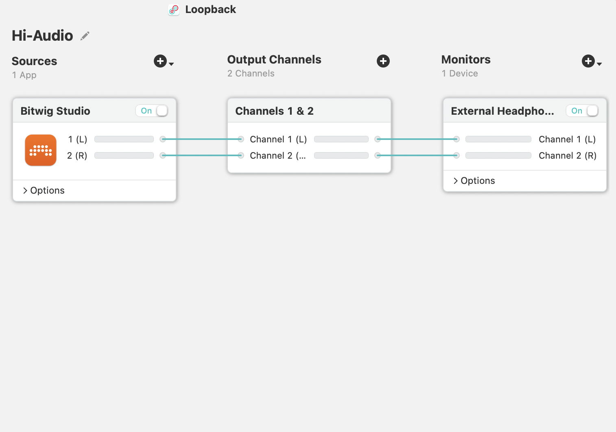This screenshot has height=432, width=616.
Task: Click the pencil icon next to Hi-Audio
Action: pos(85,36)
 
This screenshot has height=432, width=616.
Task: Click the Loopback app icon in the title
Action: pos(174,10)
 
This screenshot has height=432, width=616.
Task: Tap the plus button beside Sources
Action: pos(160,61)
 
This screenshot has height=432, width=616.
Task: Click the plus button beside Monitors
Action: pos(588,61)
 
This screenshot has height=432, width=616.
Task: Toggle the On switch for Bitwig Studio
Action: pos(152,111)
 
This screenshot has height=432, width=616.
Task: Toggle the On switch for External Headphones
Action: pos(582,111)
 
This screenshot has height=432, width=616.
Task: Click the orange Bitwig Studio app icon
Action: pos(41,150)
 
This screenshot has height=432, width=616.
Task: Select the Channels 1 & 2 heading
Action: pos(274,111)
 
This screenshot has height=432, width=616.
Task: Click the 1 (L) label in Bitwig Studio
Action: pos(77,140)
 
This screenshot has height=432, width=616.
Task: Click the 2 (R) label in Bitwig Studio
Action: pos(77,156)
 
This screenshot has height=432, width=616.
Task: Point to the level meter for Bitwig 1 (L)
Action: pos(124,139)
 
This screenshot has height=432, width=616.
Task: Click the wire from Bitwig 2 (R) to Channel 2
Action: pos(202,155)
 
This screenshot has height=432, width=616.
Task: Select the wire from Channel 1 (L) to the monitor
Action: pos(417,139)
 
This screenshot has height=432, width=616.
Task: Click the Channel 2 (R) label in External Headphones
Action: pos(567,156)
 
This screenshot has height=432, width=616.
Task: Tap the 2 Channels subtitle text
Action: pos(251,74)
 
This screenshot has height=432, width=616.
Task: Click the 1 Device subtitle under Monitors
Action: pos(460,74)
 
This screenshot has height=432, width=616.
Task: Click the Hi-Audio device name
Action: pos(42,36)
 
